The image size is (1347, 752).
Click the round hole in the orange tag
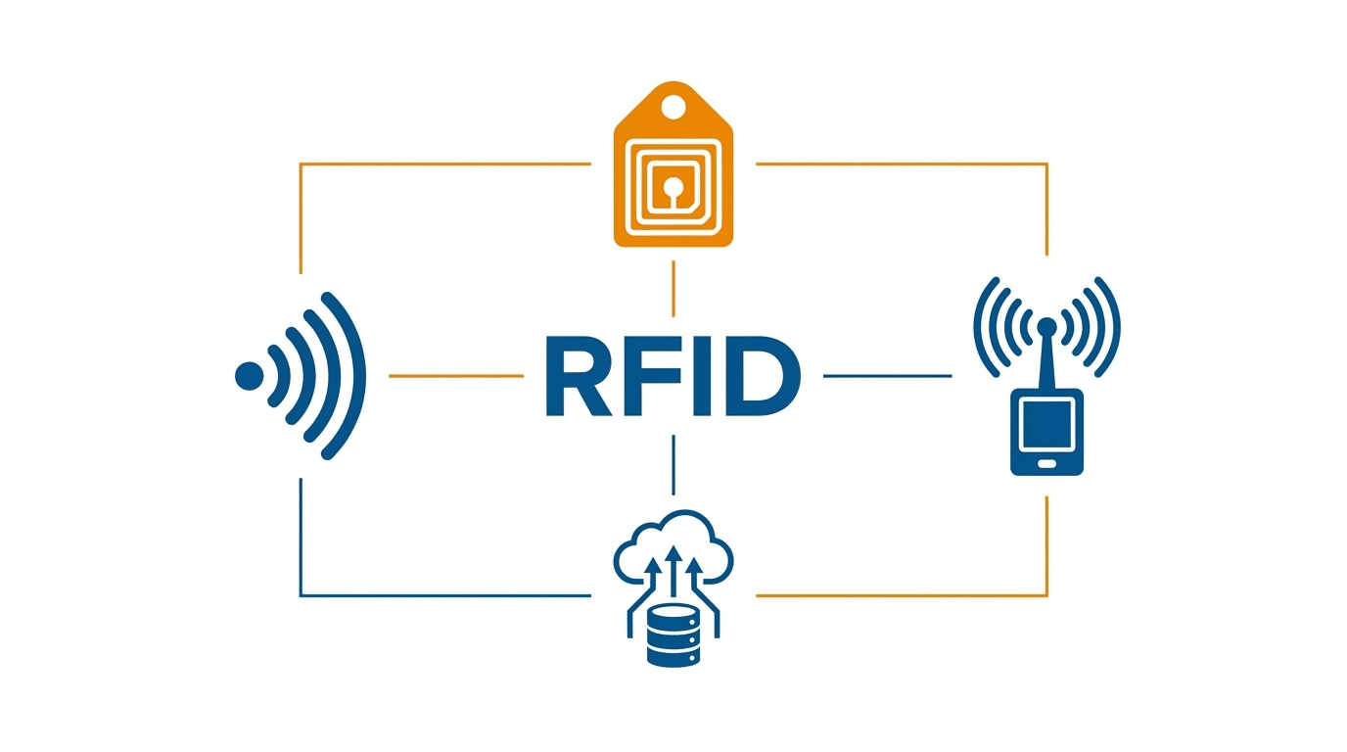tap(673, 104)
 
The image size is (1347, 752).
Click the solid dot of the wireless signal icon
tap(250, 376)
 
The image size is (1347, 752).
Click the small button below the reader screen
tap(1046, 464)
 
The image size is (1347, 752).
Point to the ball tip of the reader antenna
tap(1046, 324)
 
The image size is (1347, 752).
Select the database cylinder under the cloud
tap(673, 636)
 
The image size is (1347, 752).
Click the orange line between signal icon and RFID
tap(455, 375)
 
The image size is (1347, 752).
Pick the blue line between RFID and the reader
tap(887, 375)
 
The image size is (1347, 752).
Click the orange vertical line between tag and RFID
tap(673, 288)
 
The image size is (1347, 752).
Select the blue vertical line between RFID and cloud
tap(673, 465)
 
